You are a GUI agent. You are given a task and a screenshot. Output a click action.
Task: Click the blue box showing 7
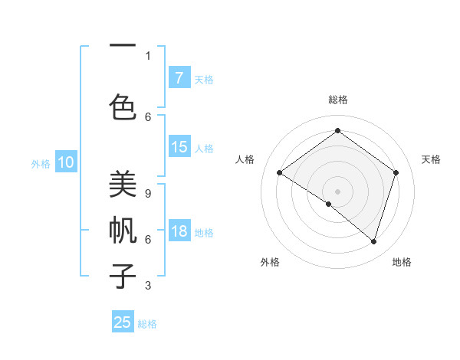[179, 77]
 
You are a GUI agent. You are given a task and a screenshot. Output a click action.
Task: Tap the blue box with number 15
[179, 147]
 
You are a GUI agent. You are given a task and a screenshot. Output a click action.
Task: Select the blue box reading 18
[179, 231]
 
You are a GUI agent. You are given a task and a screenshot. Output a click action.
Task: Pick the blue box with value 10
[66, 162]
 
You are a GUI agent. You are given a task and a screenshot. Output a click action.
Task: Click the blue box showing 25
[123, 322]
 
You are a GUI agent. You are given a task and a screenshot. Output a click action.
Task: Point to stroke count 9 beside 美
[148, 194]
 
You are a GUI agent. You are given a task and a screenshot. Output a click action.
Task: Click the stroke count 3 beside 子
[148, 286]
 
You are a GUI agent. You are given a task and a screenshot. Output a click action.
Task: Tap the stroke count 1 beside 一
[148, 55]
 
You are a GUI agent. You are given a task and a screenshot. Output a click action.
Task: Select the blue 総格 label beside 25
[147, 324]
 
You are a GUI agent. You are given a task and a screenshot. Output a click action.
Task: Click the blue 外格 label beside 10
[41, 163]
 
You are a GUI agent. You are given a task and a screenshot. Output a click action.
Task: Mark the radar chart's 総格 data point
[337, 131]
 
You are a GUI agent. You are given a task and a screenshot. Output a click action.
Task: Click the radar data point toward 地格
[373, 241]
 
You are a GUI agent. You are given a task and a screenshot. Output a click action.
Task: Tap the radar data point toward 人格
[280, 173]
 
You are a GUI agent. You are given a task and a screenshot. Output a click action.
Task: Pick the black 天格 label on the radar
[432, 159]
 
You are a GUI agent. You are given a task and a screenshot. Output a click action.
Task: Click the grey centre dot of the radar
[337, 191]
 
